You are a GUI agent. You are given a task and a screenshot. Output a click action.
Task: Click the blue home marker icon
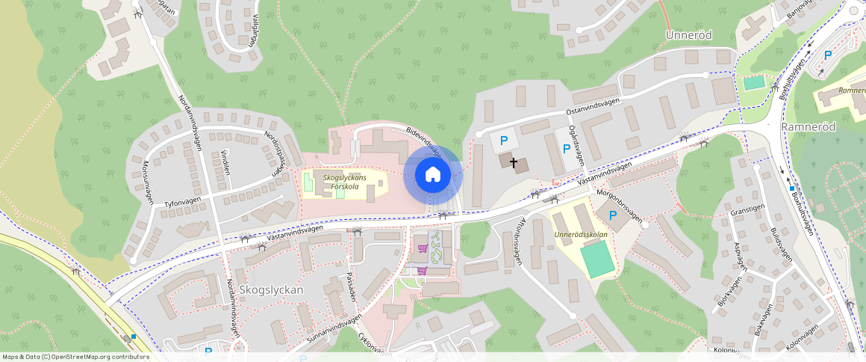click(432, 175)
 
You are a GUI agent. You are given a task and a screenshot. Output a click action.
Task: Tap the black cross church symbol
click(513, 162)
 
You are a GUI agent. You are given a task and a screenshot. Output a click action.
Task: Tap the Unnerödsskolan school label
click(582, 234)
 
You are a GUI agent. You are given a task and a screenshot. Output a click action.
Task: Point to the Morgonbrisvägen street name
click(619, 204)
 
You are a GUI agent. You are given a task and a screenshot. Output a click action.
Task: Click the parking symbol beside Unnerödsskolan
click(613, 215)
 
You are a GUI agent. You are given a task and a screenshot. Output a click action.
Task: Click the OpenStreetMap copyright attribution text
click(76, 357)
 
